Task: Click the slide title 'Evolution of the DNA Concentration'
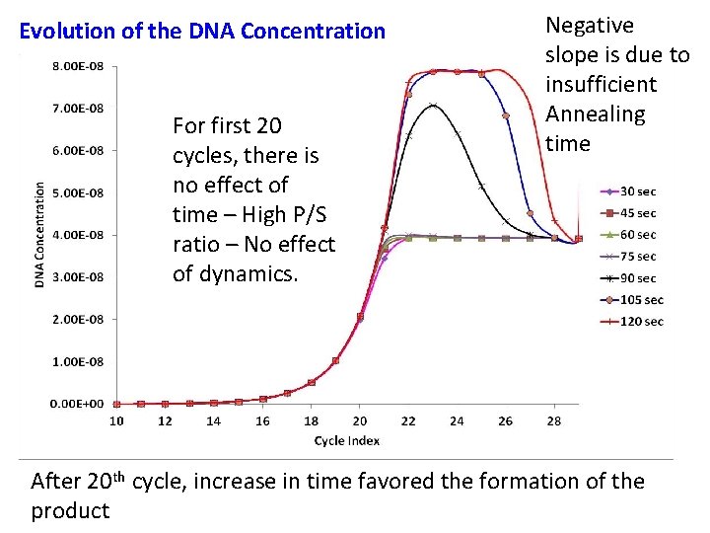click(x=203, y=31)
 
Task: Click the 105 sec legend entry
click(x=641, y=300)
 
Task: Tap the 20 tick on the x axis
click(x=360, y=421)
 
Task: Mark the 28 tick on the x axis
click(x=554, y=421)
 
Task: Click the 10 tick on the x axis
click(x=116, y=421)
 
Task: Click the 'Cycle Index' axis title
click(x=346, y=440)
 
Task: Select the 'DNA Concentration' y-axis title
click(x=39, y=235)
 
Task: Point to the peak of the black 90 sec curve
click(x=432, y=105)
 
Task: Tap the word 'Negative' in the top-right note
click(x=590, y=26)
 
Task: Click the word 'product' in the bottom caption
click(x=70, y=510)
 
